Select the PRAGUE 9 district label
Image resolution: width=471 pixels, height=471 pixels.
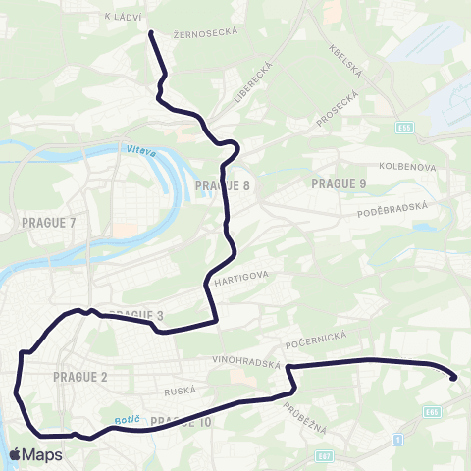(338, 183)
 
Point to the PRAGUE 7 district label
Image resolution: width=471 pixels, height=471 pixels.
(48, 223)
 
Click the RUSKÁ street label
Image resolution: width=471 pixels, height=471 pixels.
(181, 391)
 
